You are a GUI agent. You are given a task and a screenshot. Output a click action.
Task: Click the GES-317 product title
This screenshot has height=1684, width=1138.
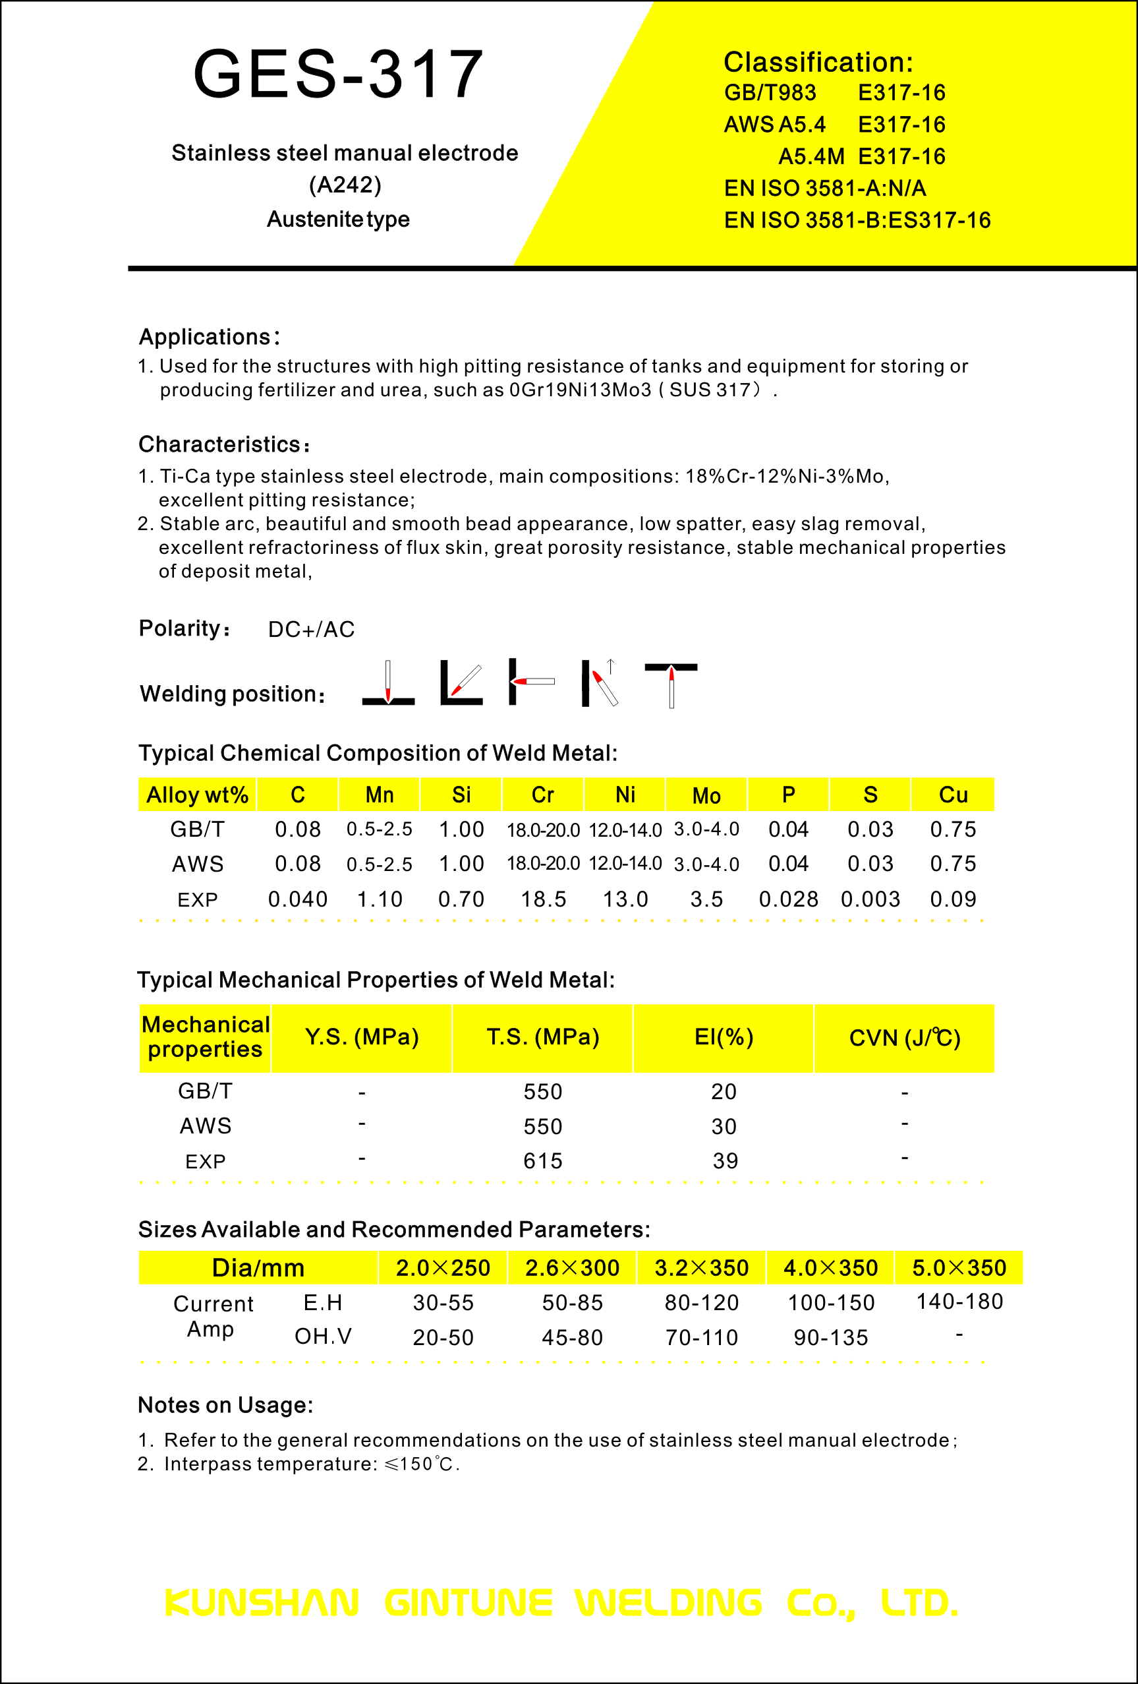[338, 74]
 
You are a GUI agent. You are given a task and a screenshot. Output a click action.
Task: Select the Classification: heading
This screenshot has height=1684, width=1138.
[818, 63]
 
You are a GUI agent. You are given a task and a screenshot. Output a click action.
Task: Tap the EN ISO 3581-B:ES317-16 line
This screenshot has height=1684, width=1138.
[857, 220]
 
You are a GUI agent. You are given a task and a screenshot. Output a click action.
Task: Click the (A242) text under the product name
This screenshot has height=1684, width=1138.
[345, 185]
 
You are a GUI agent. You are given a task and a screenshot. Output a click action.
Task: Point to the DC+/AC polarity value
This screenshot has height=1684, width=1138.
[312, 629]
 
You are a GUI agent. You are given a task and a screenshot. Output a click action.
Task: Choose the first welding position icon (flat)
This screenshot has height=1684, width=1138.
[388, 682]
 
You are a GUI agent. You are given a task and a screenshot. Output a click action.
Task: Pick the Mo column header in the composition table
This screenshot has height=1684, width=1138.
[706, 796]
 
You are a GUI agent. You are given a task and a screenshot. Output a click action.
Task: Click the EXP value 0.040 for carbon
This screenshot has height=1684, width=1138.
[298, 899]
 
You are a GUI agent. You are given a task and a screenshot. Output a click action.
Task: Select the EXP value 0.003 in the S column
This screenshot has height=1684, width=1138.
[870, 899]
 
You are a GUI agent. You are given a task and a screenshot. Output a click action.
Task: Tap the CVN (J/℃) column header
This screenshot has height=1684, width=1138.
[904, 1038]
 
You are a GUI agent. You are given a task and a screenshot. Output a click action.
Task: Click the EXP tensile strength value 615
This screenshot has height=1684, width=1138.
[542, 1161]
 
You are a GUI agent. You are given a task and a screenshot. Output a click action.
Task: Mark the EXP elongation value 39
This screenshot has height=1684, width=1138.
[724, 1161]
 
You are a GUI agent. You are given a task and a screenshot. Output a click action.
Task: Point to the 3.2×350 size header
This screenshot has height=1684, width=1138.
[701, 1267]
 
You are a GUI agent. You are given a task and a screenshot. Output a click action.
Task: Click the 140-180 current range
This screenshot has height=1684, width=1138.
[959, 1302]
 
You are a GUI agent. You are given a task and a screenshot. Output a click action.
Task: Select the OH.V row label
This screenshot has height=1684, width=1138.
[323, 1336]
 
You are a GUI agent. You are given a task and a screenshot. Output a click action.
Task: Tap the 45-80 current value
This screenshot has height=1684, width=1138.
[572, 1337]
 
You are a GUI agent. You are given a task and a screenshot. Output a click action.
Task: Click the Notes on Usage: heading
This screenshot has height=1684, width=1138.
[225, 1405]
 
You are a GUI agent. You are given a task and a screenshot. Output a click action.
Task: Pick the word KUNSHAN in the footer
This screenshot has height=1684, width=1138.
[262, 1602]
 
